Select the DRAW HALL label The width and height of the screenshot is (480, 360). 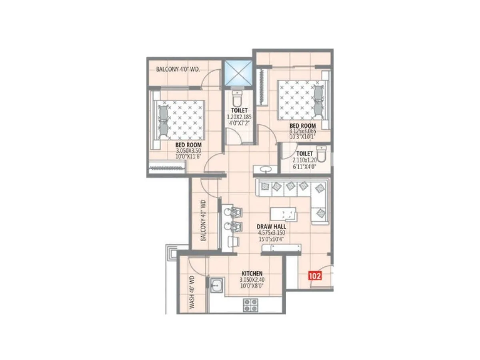tap(271, 226)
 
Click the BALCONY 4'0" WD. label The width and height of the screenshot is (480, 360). tap(178, 69)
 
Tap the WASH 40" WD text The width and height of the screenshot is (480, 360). tap(192, 291)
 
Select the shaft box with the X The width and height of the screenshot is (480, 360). tap(238, 73)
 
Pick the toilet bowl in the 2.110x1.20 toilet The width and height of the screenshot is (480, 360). tap(321, 153)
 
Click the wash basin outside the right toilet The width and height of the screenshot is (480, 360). tap(265, 170)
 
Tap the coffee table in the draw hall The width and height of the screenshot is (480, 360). tap(283, 213)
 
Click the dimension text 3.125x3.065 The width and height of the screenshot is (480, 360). tap(303, 131)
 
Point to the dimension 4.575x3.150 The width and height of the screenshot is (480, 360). tap(271, 233)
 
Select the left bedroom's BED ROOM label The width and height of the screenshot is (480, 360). tap(188, 145)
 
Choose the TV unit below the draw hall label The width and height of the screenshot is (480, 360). tap(281, 248)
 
